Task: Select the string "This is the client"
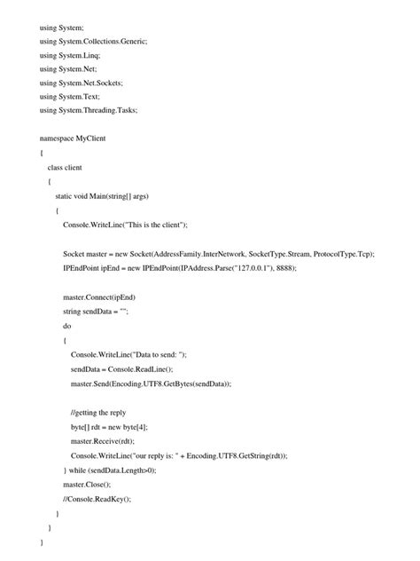tap(172, 225)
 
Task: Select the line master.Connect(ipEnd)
tap(99, 296)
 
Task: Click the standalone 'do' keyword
tap(67, 326)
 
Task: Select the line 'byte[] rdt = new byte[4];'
tap(110, 427)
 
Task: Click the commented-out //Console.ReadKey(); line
tap(97, 499)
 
